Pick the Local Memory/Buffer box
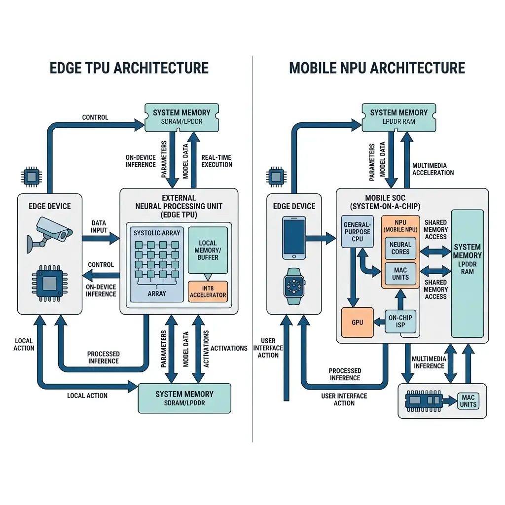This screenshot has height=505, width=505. (208, 250)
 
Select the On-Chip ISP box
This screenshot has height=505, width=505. (400, 322)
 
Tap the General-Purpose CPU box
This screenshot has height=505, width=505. (357, 231)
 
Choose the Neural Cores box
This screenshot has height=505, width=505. (400, 248)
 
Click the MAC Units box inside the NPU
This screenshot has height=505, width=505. (400, 273)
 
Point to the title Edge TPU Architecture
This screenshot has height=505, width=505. (129, 68)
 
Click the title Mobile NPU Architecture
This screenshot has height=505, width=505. (377, 68)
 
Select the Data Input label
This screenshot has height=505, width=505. (99, 227)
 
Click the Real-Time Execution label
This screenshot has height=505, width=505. (216, 161)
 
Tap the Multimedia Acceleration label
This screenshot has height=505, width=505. (433, 169)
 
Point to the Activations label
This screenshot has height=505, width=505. (229, 348)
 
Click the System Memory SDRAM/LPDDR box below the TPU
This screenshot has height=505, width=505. (184, 398)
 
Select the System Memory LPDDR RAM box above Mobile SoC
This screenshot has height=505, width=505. (398, 117)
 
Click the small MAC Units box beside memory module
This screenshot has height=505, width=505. (468, 401)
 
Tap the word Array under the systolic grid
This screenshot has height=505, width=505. (157, 294)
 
